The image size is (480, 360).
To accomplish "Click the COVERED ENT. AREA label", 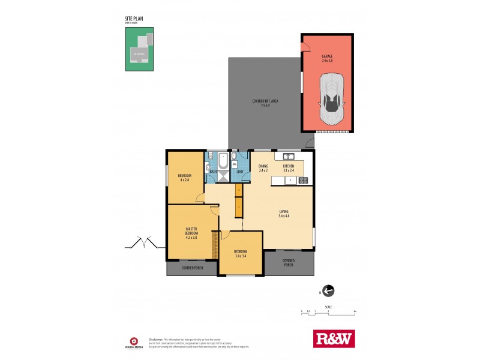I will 265,103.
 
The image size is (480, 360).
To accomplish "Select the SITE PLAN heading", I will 134,19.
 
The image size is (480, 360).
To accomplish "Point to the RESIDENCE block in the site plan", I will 139,53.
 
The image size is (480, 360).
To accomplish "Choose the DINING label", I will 263,168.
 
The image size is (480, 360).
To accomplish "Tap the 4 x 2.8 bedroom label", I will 184,178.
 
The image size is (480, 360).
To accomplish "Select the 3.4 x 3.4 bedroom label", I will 241,254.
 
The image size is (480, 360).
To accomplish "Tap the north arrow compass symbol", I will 328,291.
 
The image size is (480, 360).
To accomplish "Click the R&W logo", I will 334,338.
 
